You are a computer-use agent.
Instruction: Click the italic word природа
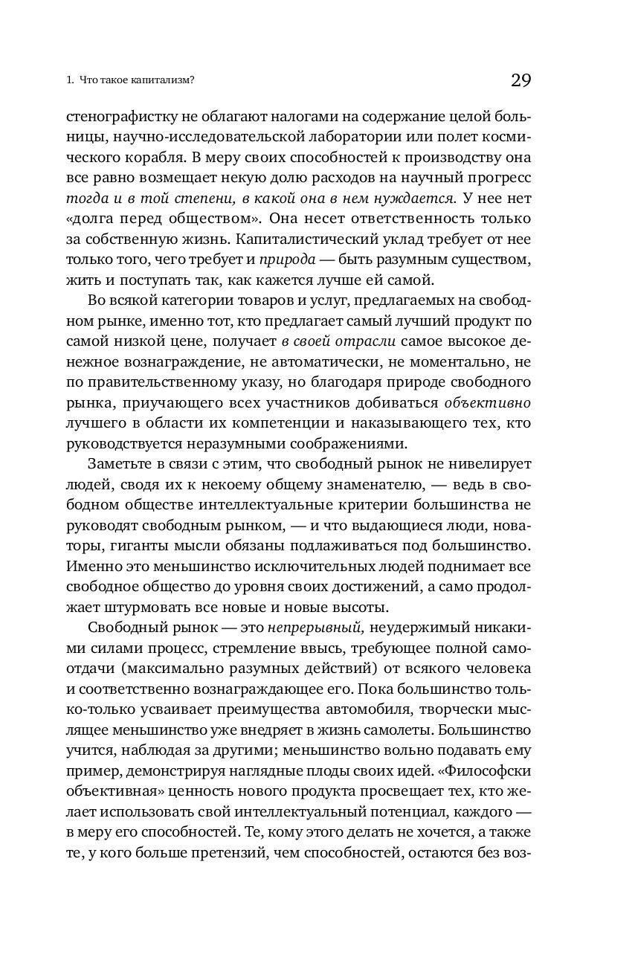tap(283, 260)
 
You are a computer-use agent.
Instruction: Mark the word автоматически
tap(347, 361)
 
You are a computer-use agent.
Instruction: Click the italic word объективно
tap(488, 402)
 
